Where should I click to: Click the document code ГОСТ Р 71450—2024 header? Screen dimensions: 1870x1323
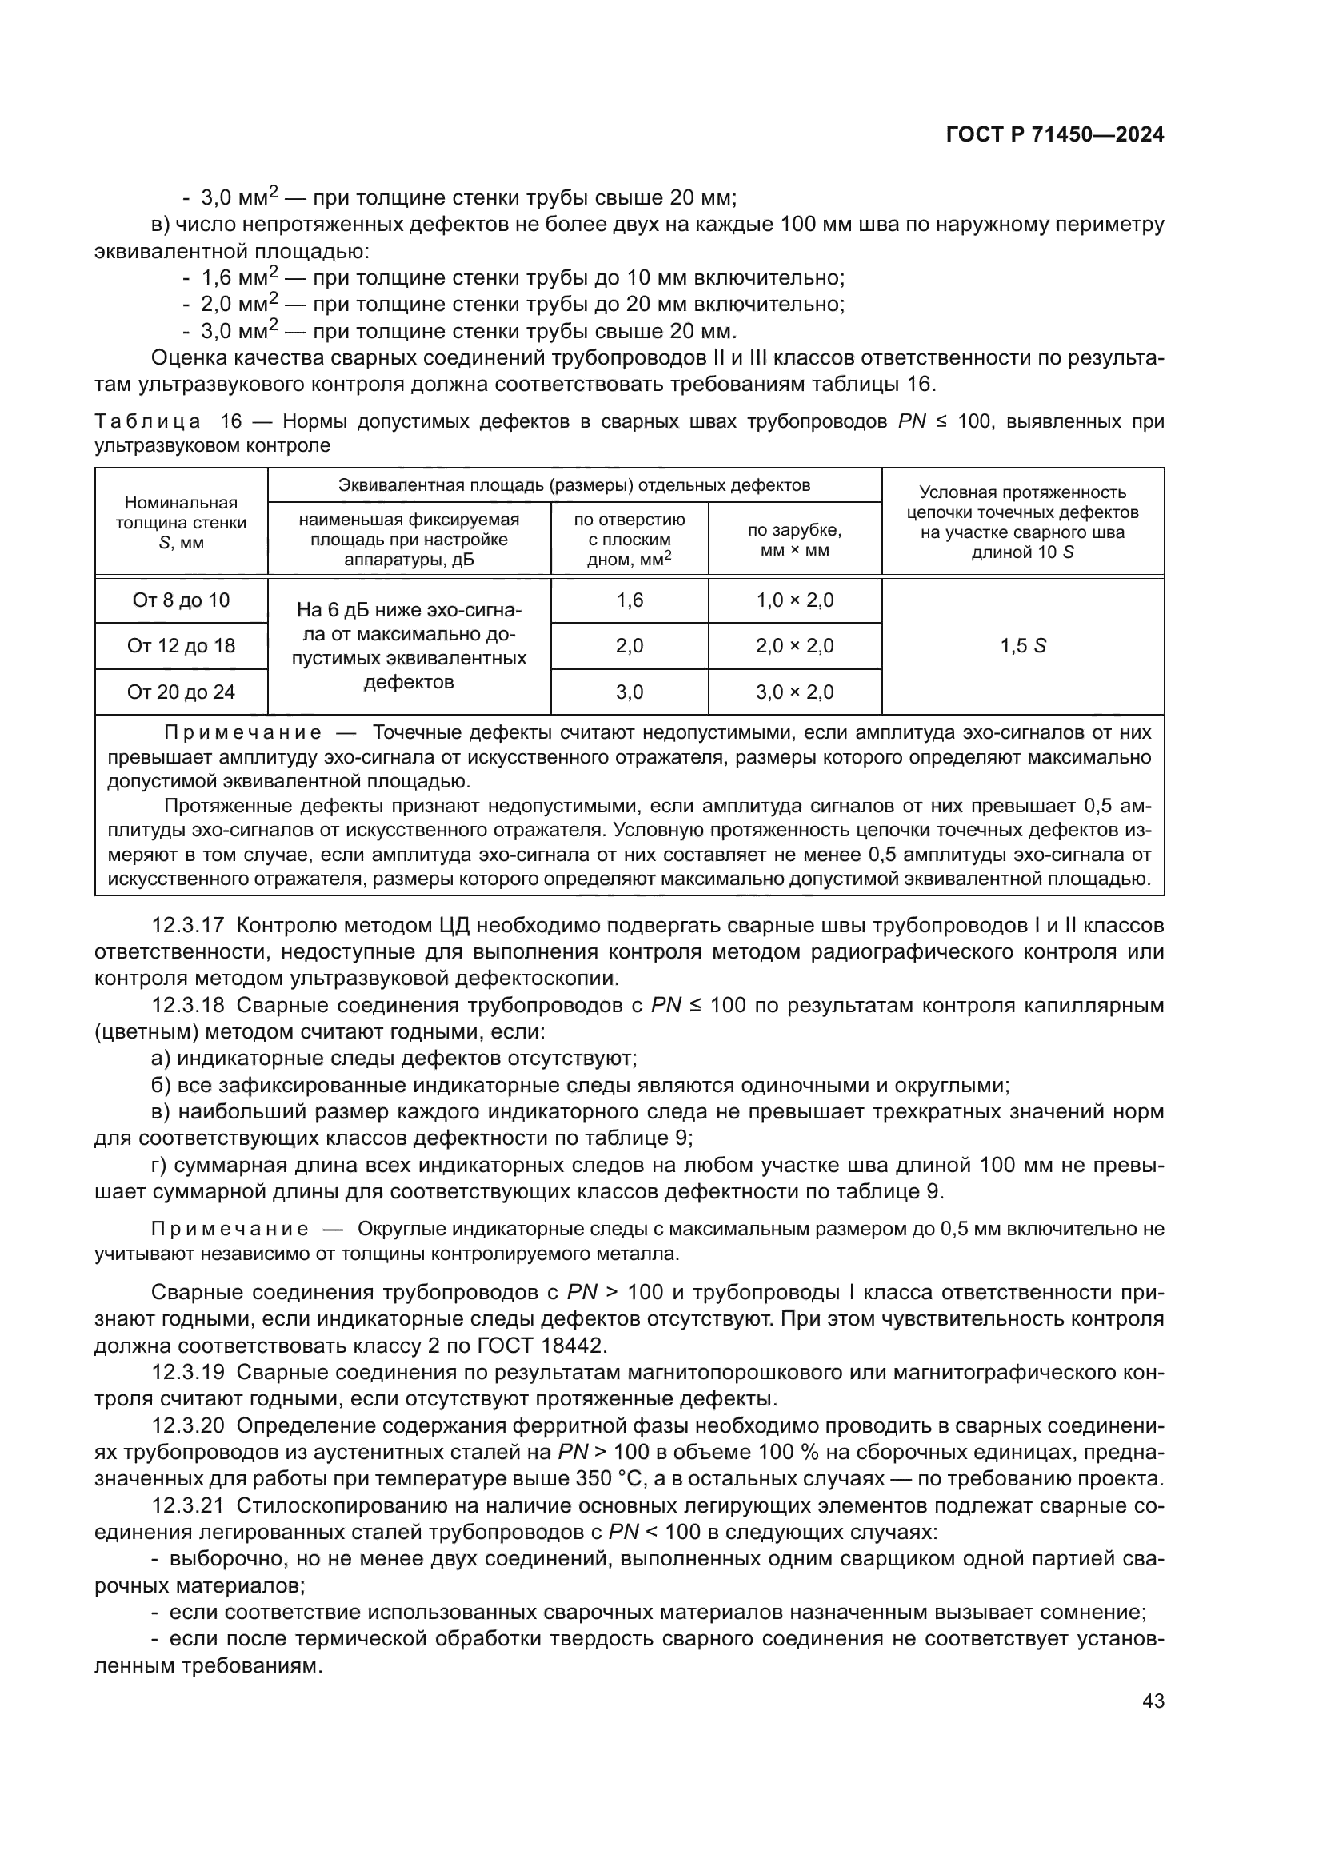[1055, 135]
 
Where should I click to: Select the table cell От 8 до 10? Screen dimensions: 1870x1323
[181, 600]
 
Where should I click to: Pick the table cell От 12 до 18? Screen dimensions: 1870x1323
[181, 646]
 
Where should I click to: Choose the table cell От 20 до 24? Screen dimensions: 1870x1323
[181, 692]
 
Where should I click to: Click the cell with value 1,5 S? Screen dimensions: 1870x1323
[1022, 646]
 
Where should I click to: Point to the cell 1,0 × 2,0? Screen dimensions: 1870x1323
[794, 600]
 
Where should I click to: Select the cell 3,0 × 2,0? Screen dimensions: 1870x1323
[794, 692]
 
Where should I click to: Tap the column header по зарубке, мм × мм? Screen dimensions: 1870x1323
[794, 540]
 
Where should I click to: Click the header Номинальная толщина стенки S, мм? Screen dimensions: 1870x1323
[181, 522]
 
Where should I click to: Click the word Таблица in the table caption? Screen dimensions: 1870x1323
[147, 421]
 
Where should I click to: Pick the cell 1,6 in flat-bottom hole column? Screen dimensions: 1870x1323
[629, 600]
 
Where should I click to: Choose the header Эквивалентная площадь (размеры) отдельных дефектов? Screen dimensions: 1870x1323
[574, 485]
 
